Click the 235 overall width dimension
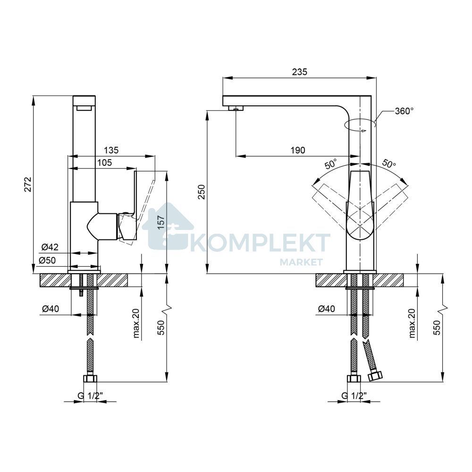(x=300, y=72)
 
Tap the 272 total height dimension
(x=28, y=184)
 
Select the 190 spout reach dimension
(x=298, y=150)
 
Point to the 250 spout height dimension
(x=201, y=192)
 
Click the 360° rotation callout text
(x=405, y=111)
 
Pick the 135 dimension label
(x=111, y=150)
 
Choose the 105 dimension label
(x=104, y=162)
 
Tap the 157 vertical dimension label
(x=161, y=222)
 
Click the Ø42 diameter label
(x=50, y=247)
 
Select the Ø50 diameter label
(x=47, y=260)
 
